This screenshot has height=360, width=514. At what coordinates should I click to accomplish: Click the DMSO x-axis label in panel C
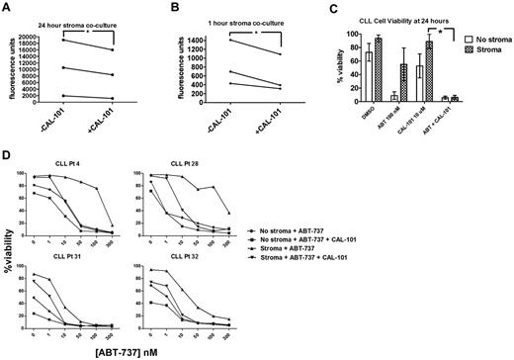pyautogui.click(x=372, y=115)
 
